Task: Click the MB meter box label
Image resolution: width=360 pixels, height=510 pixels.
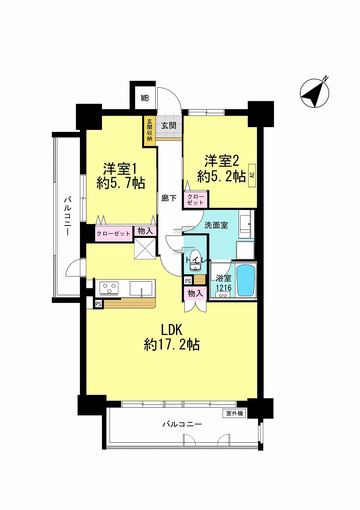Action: [145, 98]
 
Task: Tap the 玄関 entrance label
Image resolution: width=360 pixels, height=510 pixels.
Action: [169, 126]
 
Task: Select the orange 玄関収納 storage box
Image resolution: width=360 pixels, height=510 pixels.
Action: [149, 131]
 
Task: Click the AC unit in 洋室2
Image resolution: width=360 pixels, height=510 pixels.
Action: [252, 176]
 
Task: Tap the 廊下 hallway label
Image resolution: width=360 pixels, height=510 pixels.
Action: [169, 198]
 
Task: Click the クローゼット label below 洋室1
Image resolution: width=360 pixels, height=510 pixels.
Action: [113, 233]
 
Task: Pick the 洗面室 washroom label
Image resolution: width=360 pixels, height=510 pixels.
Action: [216, 225]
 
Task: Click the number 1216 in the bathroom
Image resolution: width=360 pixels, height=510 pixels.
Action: [223, 288]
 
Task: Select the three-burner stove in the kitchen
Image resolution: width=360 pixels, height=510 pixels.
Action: [110, 288]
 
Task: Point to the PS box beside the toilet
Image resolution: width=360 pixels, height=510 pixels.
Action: [188, 281]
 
